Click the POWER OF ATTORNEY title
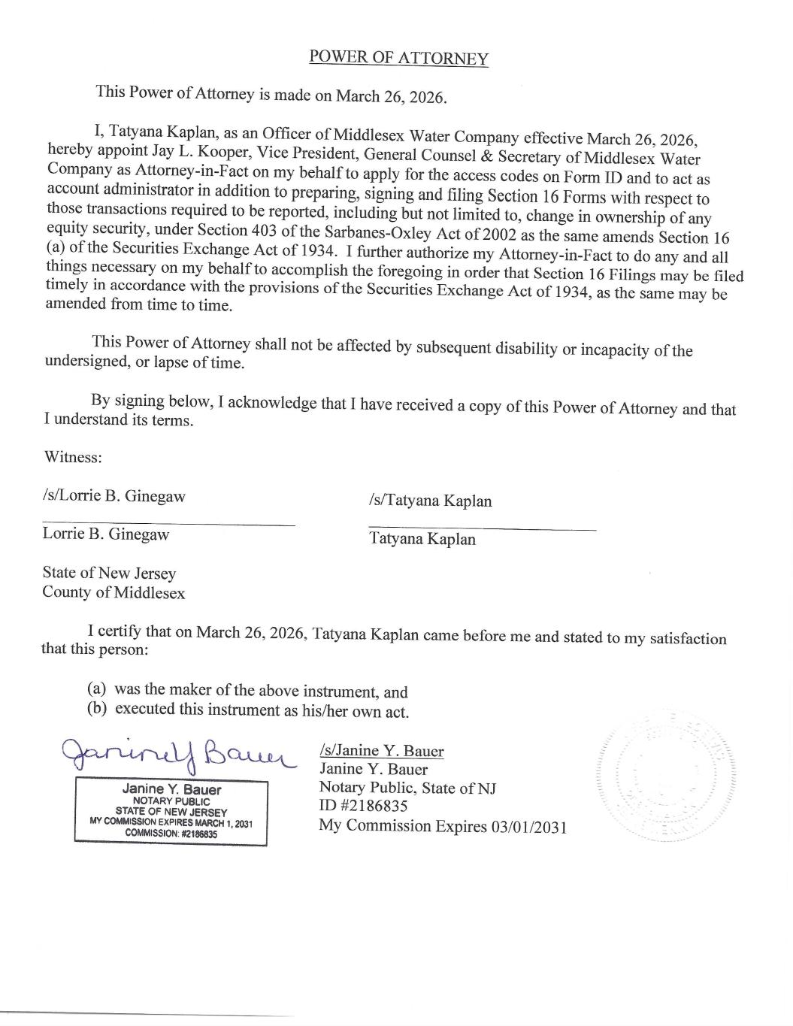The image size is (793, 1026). pyautogui.click(x=398, y=58)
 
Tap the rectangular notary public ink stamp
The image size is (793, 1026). pyautogui.click(x=171, y=813)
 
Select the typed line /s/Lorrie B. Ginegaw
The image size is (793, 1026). pyautogui.click(x=114, y=496)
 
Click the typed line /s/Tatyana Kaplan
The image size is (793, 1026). pyautogui.click(x=430, y=501)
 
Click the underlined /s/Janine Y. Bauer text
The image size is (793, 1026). pyautogui.click(x=381, y=750)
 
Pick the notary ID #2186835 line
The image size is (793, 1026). pyautogui.click(x=364, y=807)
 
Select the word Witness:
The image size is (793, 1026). pyautogui.click(x=72, y=457)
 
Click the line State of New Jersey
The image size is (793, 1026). pyautogui.click(x=109, y=574)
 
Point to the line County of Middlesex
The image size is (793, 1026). pyautogui.click(x=114, y=592)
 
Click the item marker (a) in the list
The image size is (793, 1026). pyautogui.click(x=96, y=689)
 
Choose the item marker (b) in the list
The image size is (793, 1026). pyautogui.click(x=96, y=708)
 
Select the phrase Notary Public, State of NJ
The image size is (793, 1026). pyautogui.click(x=407, y=788)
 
